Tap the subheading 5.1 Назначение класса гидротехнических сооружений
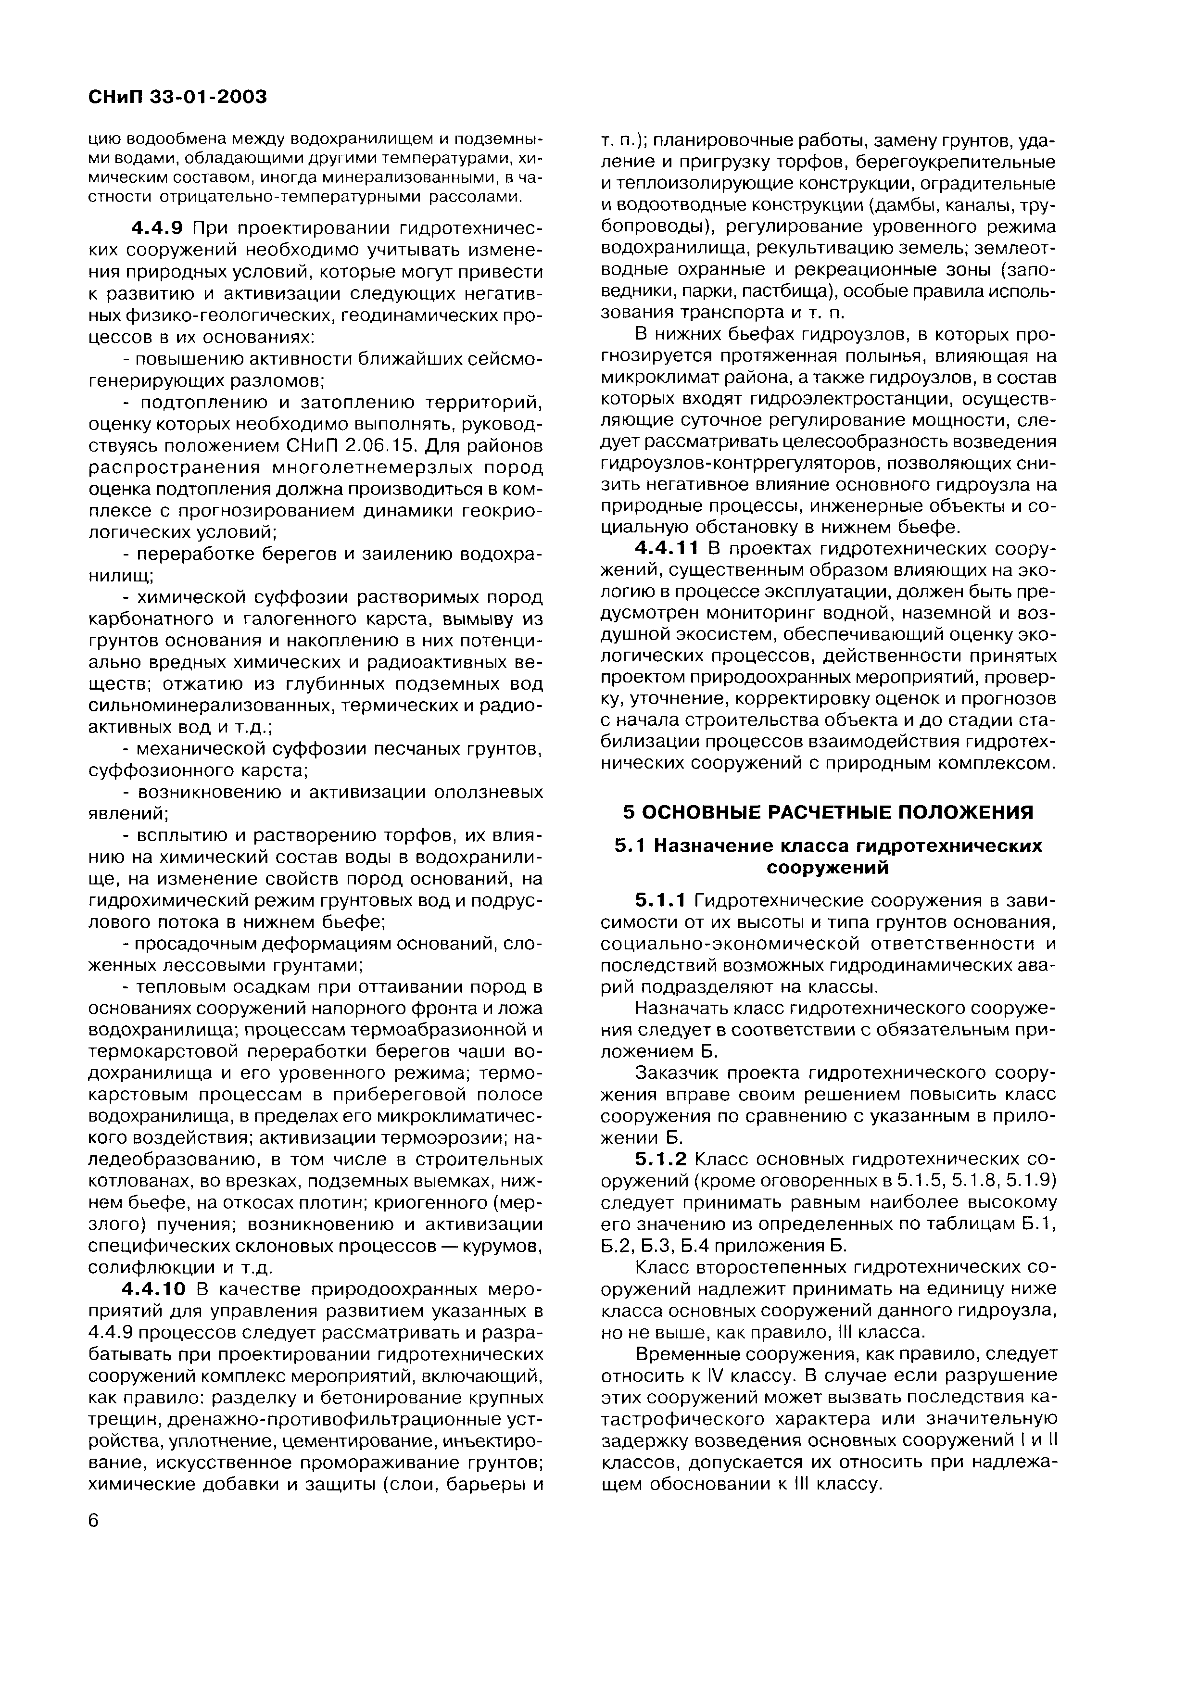click(x=828, y=856)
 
